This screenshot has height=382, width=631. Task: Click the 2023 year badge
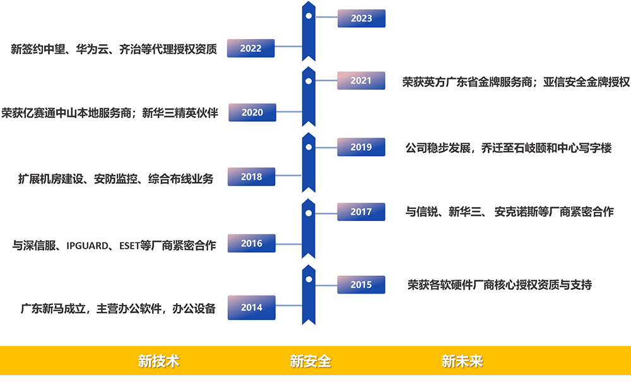pyautogui.click(x=362, y=18)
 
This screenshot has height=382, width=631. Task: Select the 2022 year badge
pyautogui.click(x=251, y=49)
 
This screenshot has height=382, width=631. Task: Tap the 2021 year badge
pyautogui.click(x=361, y=81)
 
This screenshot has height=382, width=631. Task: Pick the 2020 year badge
pyautogui.click(x=252, y=112)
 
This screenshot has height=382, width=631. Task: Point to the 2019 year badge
pyautogui.click(x=361, y=147)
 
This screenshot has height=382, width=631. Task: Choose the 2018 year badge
pyautogui.click(x=251, y=177)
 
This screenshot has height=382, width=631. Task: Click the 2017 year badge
pyautogui.click(x=361, y=212)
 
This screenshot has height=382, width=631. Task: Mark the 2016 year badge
pyautogui.click(x=251, y=244)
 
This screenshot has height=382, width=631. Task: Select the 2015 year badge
pyautogui.click(x=361, y=285)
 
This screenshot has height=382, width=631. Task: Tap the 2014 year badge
pyautogui.click(x=251, y=307)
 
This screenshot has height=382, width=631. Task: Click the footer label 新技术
pyautogui.click(x=159, y=362)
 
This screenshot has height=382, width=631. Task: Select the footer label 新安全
pyautogui.click(x=310, y=362)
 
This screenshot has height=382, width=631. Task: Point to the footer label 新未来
pyautogui.click(x=462, y=362)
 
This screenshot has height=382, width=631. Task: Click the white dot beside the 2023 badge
pyautogui.click(x=309, y=15)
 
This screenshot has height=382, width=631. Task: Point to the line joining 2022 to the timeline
pyautogui.click(x=288, y=46)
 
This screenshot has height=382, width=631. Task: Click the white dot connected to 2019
pyautogui.click(x=309, y=147)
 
